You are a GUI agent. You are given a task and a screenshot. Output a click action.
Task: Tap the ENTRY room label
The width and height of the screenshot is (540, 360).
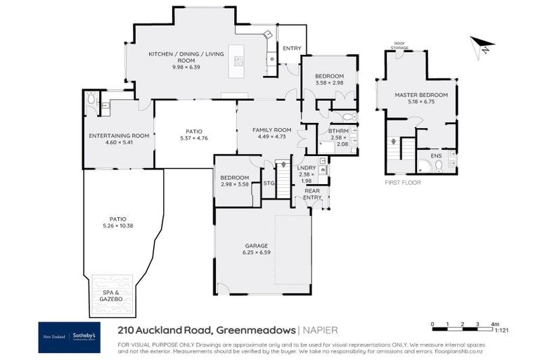[292, 49]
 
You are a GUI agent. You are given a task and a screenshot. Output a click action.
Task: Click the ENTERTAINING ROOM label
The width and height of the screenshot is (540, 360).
[119, 136]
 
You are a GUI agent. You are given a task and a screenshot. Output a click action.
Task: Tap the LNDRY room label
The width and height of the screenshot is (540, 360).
[306, 168]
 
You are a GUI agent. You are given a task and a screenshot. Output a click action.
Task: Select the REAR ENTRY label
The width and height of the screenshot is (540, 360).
[312, 193]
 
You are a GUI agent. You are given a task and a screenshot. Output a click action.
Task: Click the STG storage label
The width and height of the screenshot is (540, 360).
[268, 184]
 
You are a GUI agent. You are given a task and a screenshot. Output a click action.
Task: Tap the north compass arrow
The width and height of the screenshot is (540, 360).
[484, 45]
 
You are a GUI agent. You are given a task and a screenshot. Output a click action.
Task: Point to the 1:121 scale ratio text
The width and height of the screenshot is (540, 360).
[502, 330]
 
